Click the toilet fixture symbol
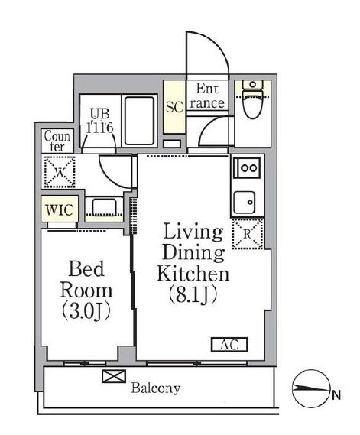251,103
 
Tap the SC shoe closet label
174,106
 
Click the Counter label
58,141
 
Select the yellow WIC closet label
58,209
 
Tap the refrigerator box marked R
248,233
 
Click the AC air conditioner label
229,345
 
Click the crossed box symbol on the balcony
110,376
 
